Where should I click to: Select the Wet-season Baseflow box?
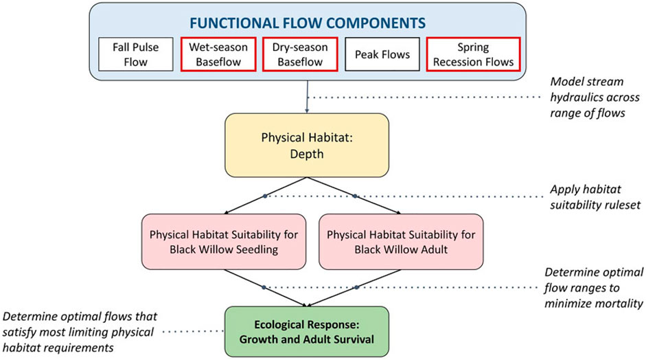[x=218, y=54]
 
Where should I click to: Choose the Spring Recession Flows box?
[x=472, y=54]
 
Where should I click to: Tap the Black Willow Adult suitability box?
[x=400, y=241]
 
